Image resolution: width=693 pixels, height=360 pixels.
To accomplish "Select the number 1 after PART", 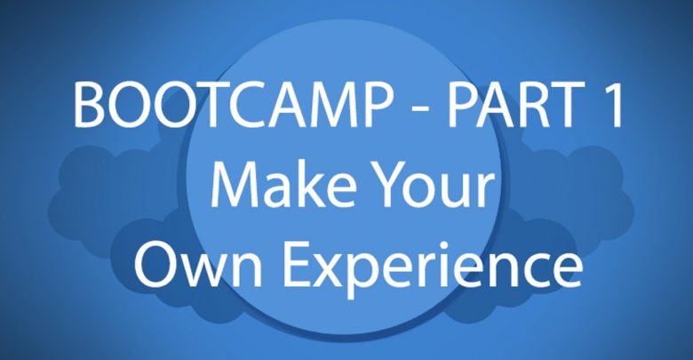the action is point(613,104).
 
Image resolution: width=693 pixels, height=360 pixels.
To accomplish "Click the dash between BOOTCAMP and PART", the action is point(419,109).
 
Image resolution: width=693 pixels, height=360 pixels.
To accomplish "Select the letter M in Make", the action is point(238,184).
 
